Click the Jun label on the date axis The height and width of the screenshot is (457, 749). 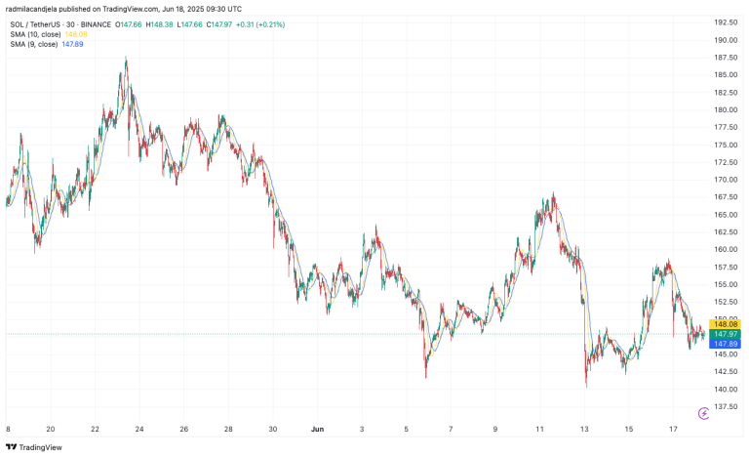[x=316, y=428]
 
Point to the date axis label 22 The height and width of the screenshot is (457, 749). [x=95, y=428]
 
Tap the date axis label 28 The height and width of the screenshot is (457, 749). [x=227, y=428]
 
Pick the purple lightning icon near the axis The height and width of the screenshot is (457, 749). [x=704, y=414]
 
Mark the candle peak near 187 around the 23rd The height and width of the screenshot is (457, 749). [x=126, y=60]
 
